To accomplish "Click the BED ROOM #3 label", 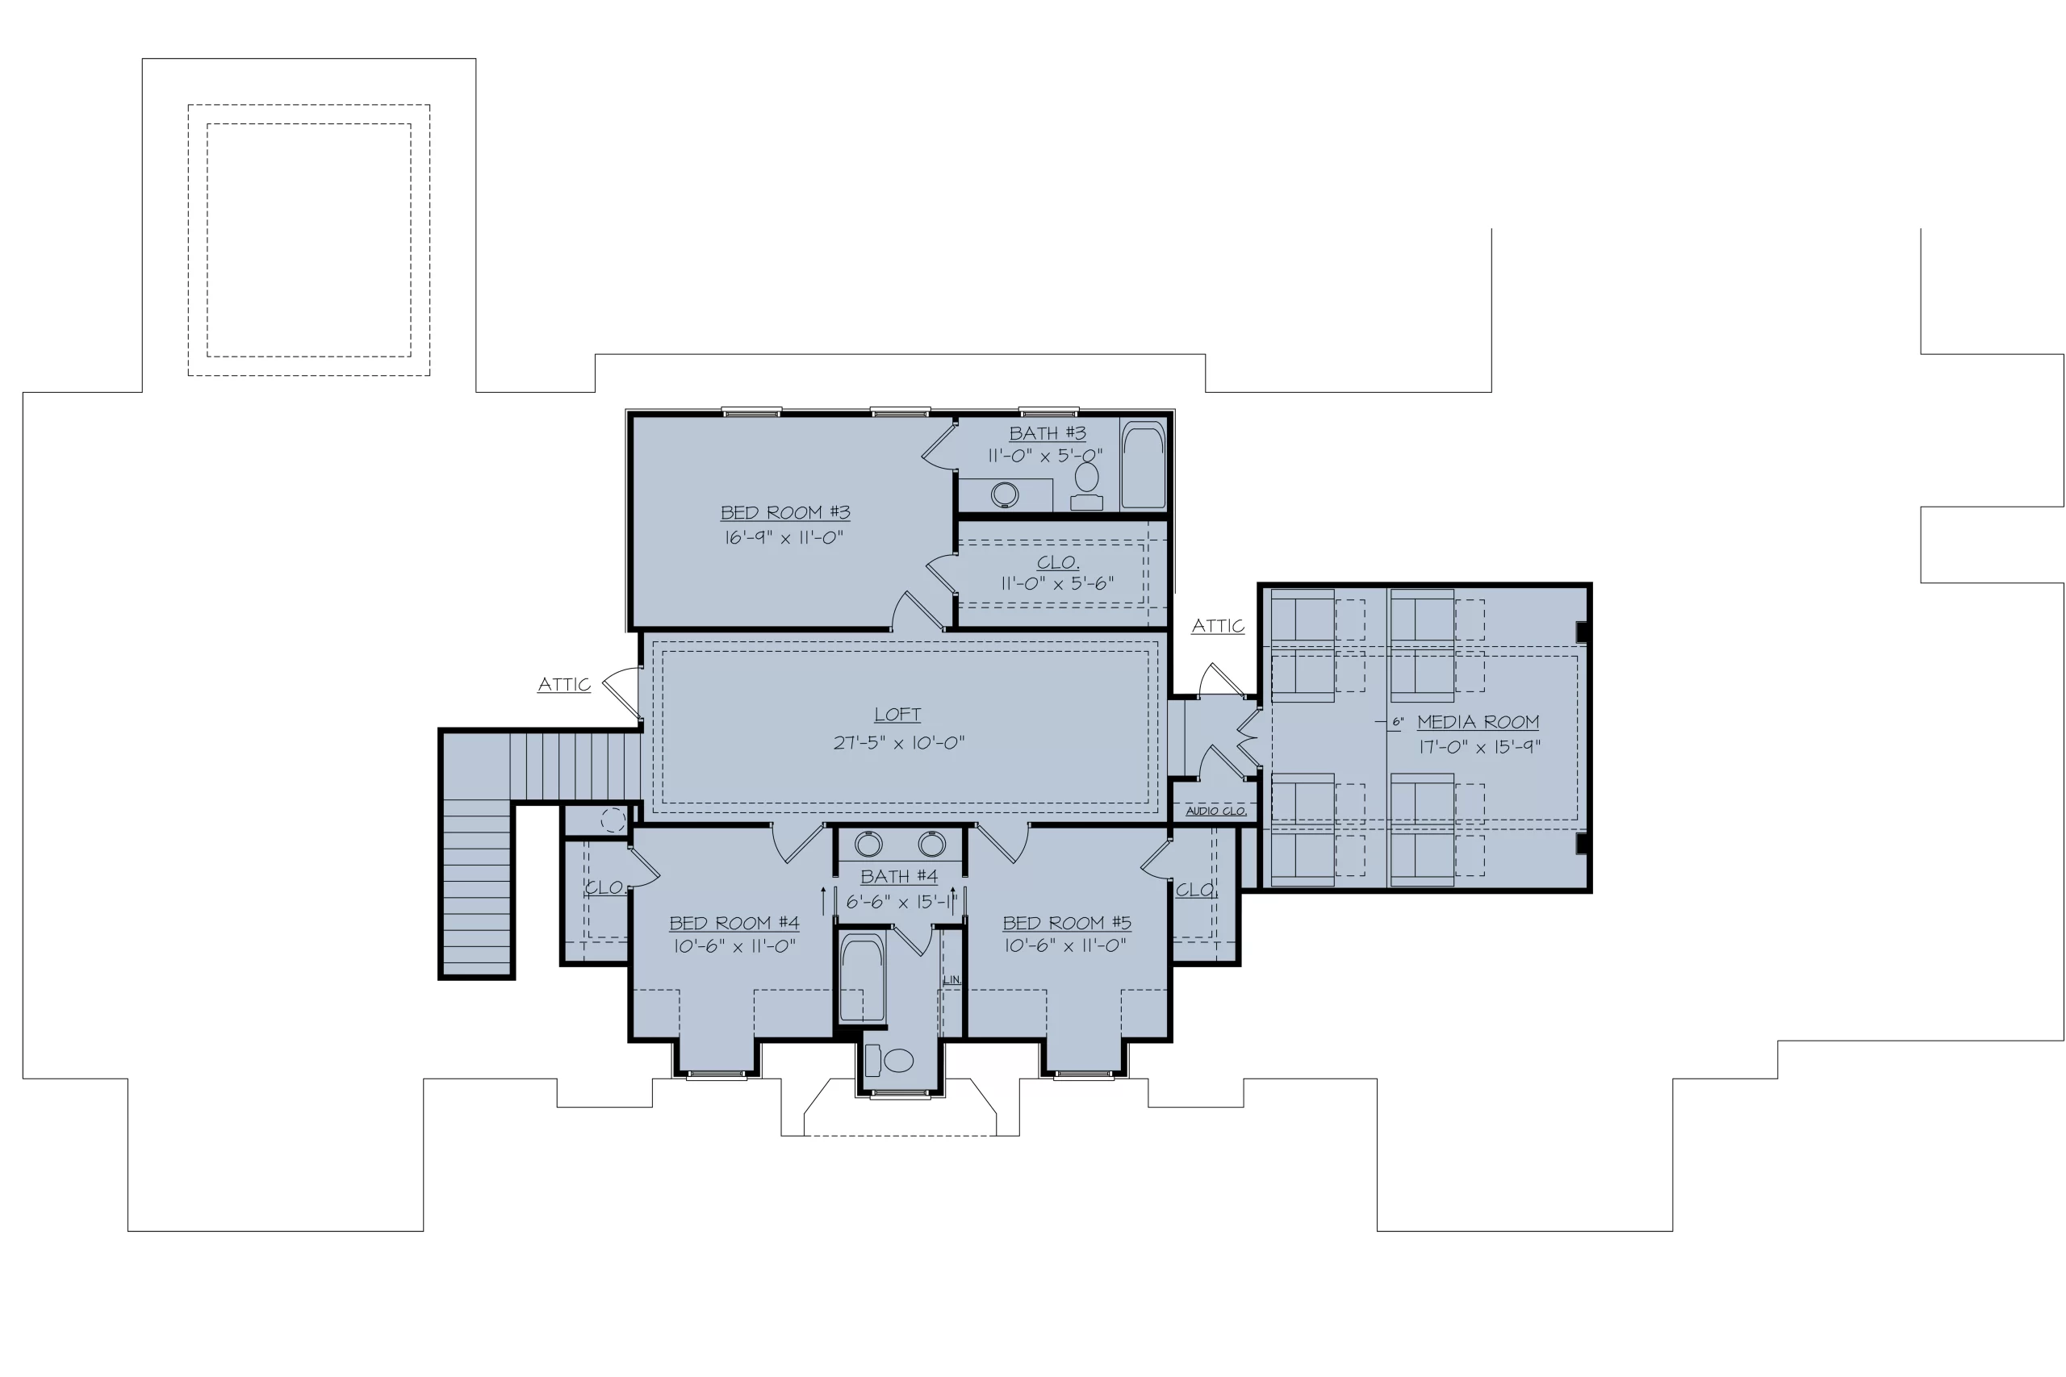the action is (x=785, y=512).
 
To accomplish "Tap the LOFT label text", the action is (x=897, y=715).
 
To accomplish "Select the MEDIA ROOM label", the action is (x=1478, y=722).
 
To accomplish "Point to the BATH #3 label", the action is (x=1047, y=433).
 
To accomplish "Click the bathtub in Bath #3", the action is (x=1143, y=465).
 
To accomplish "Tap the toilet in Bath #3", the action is (x=1086, y=486).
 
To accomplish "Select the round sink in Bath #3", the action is (x=1005, y=494).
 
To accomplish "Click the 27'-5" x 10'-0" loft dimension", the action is (x=898, y=743).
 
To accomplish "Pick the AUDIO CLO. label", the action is (x=1215, y=811).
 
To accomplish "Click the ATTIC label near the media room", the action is (x=1218, y=625).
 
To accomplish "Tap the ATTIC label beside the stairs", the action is (x=564, y=684).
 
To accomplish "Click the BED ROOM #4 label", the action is (x=734, y=923).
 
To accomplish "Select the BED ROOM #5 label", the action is (x=1067, y=923).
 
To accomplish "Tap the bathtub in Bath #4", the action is (x=862, y=978).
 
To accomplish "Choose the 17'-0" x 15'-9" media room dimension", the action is (x=1480, y=747).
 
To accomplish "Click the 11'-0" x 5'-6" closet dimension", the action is (x=1057, y=583).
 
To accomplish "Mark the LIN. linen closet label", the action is (x=952, y=979).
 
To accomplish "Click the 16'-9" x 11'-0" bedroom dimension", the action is (x=784, y=537).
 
